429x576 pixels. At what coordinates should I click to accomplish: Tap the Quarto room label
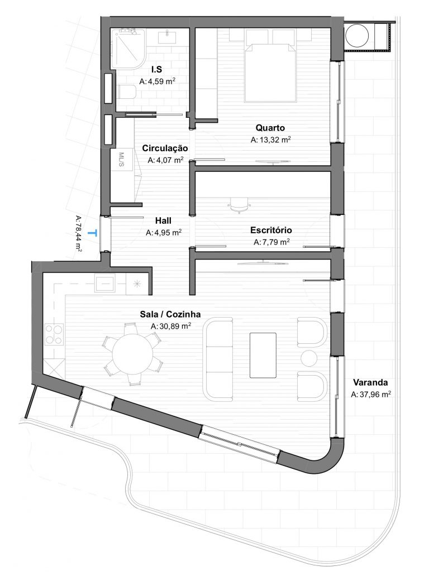pos(271,128)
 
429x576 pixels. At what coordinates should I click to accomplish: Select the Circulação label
pos(165,148)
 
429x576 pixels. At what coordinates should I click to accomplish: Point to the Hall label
pos(163,220)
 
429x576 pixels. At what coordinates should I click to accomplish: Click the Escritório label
pos(271,230)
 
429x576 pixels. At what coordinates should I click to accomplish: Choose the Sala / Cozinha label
pos(170,314)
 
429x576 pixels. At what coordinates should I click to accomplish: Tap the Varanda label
pos(370,383)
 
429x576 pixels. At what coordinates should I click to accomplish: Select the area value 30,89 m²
pos(171,326)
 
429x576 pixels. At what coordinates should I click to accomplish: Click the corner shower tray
pos(127,47)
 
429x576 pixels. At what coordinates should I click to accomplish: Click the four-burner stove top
pos(53,335)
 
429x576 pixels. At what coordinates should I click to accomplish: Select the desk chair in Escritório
pos(239,205)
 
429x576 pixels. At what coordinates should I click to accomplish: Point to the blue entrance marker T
pos(97,232)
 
